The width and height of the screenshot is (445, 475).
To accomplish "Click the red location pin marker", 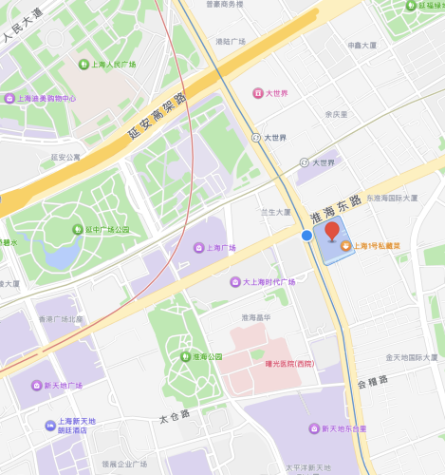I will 332,232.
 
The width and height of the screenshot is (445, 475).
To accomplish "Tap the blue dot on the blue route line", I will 306,235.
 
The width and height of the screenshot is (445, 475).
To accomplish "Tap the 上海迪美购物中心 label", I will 46,98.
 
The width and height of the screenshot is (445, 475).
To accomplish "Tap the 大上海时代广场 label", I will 269,282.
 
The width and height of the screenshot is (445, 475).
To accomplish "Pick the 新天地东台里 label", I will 342,428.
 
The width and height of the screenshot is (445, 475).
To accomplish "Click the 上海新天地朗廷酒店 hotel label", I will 76,426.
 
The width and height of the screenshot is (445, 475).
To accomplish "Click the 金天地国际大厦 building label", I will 412,357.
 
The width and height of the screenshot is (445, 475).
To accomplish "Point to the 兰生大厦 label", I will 276,213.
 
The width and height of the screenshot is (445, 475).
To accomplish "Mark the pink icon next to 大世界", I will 256,92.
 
